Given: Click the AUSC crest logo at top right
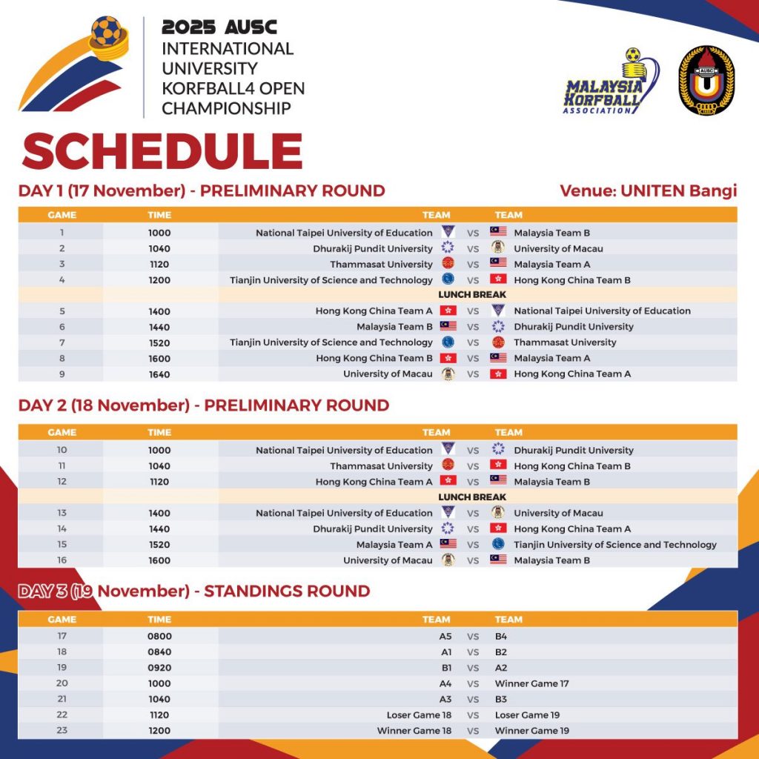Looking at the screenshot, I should (x=706, y=81).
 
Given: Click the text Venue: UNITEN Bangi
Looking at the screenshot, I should (x=648, y=190).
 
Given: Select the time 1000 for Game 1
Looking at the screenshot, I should (x=159, y=233).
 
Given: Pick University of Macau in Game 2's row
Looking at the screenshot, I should (x=558, y=249).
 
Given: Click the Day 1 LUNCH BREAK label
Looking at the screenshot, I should (x=472, y=295).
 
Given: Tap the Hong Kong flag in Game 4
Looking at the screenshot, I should (x=498, y=279).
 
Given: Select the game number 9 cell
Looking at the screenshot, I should (x=62, y=374).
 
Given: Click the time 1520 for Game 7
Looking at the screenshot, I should (x=159, y=343).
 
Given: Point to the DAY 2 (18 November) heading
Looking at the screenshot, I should (x=203, y=405).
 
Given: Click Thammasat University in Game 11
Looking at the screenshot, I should (x=381, y=466).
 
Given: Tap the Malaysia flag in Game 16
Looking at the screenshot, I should (x=498, y=560).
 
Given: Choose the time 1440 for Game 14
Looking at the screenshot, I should (x=159, y=529).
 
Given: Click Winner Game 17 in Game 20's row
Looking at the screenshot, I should (x=531, y=683).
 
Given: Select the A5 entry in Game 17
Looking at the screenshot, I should (x=445, y=637).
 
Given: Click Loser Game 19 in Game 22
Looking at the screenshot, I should (x=527, y=715).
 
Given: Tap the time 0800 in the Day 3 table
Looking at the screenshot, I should (x=159, y=637).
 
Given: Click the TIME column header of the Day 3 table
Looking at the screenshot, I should (x=159, y=620).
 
